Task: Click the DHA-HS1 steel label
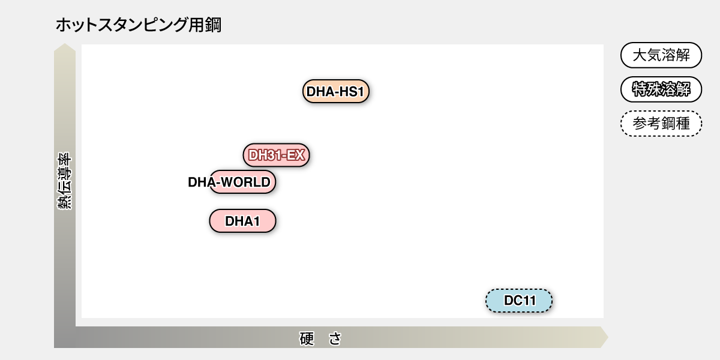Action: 335,92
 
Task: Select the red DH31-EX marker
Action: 276,155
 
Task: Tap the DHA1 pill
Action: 242,221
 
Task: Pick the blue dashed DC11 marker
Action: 519,301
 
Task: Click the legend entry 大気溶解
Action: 661,56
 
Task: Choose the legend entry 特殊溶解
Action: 661,90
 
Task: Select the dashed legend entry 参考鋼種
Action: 661,124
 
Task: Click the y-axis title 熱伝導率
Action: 65,181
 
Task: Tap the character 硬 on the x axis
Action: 307,338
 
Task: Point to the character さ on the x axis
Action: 335,338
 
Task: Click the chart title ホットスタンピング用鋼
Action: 138,25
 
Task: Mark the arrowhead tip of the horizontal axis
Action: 607,337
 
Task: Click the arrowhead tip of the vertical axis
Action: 65,46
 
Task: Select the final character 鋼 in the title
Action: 214,25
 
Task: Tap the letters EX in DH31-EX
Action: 296,155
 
